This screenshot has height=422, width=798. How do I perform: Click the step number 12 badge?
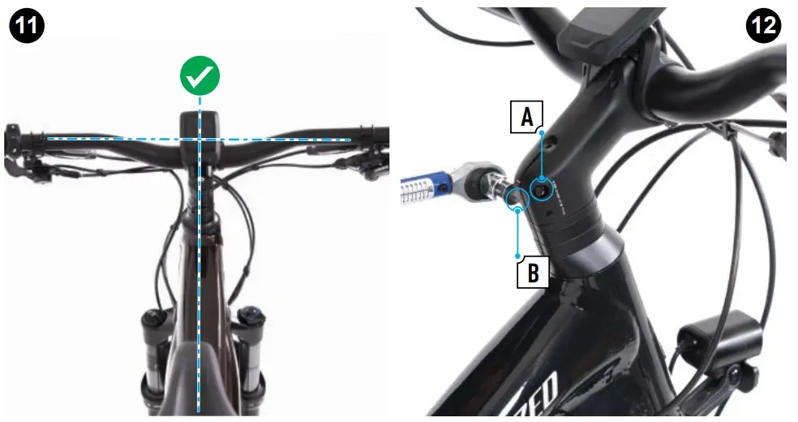tap(763, 26)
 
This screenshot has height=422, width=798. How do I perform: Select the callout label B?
tap(532, 272)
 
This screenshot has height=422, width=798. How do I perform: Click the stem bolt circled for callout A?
tap(540, 189)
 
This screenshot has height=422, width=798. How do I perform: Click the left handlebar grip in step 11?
tap(20, 139)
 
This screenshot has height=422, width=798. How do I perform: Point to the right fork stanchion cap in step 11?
tap(250, 316)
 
